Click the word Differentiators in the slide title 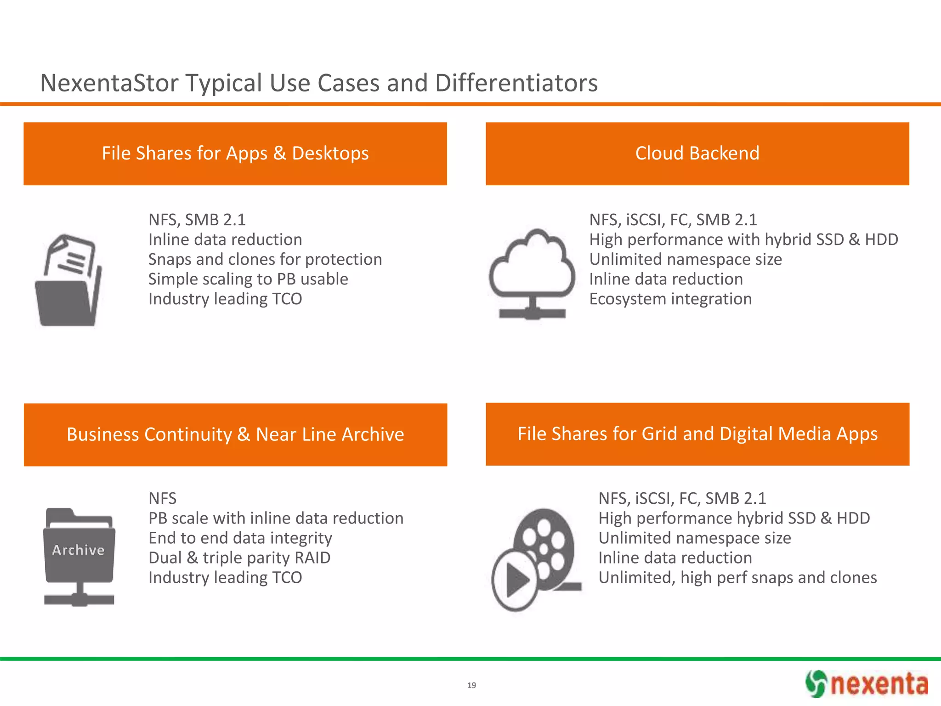pos(516,83)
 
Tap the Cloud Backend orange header pos(697,154)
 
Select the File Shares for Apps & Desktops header pos(235,154)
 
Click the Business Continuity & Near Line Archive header pos(235,435)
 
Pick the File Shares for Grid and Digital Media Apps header pos(697,434)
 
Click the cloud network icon pos(532,274)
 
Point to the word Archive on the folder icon pos(78,550)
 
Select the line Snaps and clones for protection pos(265,260)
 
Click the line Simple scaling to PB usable pos(248,279)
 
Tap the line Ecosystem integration pos(670,299)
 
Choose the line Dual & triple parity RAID pos(239,558)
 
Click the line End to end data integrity pos(240,538)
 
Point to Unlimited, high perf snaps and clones pos(737,578)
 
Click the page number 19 pos(471,685)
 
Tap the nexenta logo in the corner pos(867,683)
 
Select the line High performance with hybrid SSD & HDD pos(743,240)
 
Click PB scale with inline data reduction pos(276,518)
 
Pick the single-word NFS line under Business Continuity pos(162,499)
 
